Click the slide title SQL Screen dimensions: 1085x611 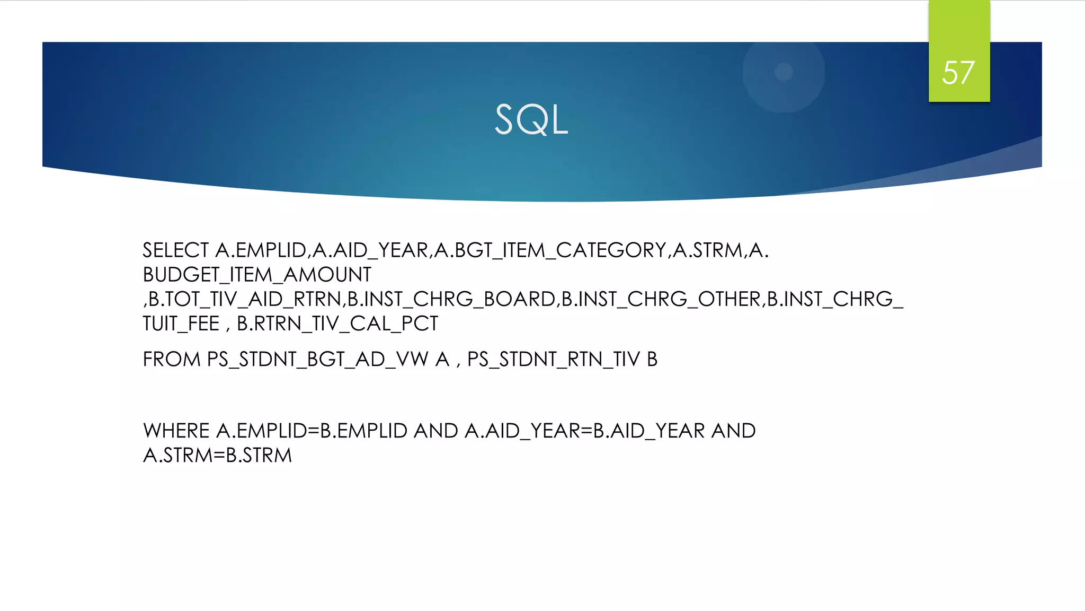pyautogui.click(x=531, y=120)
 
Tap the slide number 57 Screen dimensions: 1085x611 pyautogui.click(x=958, y=73)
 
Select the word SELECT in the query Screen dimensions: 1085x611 pyautogui.click(x=176, y=250)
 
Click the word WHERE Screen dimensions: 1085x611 pyautogui.click(x=176, y=431)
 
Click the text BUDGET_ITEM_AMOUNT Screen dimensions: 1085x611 pyautogui.click(x=257, y=275)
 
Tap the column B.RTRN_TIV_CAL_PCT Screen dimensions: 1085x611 pyautogui.click(x=337, y=324)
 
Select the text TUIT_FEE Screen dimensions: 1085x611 pyautogui.click(x=181, y=324)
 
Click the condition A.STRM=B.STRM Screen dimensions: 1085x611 pyautogui.click(x=217, y=455)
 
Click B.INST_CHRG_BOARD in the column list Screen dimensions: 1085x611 pyautogui.click(x=451, y=299)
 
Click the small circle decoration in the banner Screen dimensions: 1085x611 pyautogui.click(x=784, y=72)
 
